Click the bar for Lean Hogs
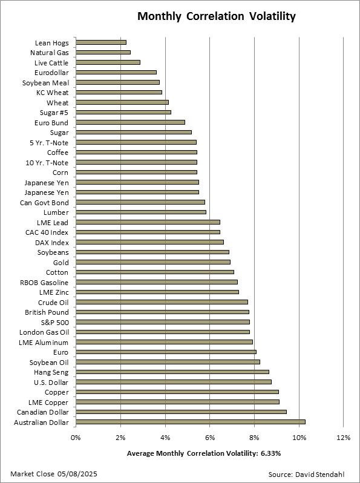coord(101,42)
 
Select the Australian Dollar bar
coord(191,422)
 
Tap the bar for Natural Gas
coord(103,53)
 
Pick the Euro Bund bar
coord(130,122)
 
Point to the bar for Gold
coord(153,262)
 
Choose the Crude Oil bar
coord(162,302)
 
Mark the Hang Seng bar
coord(172,372)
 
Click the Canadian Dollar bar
coord(181,412)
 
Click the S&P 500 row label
coord(55,323)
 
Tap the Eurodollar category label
coord(51,73)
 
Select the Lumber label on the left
coord(56,212)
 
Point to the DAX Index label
coord(52,243)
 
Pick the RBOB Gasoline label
coord(44,283)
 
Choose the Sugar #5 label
coord(54,113)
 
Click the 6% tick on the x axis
coord(210,438)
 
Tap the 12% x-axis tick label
coord(344,438)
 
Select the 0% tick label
coord(76,438)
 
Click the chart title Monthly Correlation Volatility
coord(217,16)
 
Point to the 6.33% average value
coord(270,453)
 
